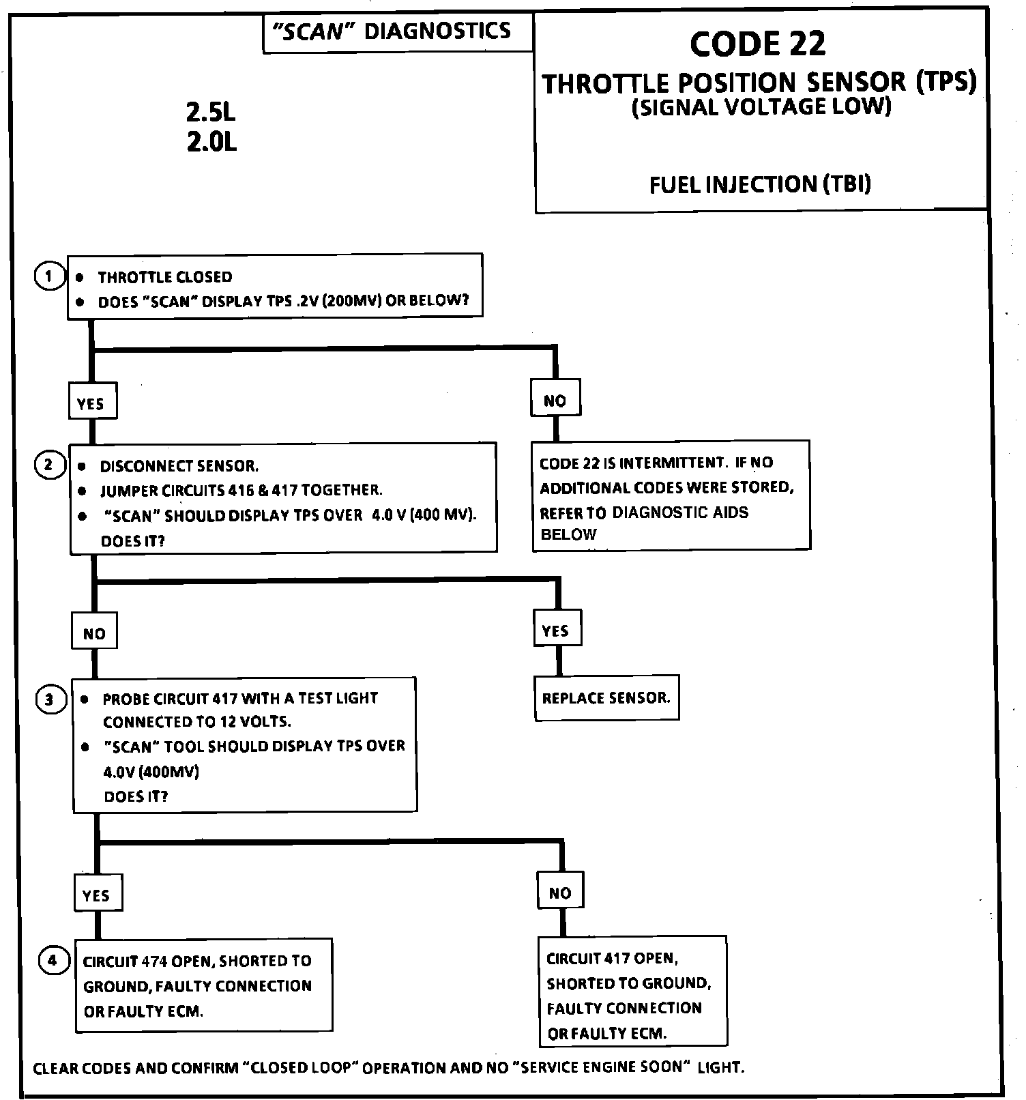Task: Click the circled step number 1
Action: pos(48,276)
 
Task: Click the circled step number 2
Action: pos(48,465)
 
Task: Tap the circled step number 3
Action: pos(49,700)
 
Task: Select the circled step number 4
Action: pos(53,961)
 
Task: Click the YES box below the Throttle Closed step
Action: pos(91,403)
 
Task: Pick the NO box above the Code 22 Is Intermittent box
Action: pos(555,401)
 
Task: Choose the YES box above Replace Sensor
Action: pos(556,631)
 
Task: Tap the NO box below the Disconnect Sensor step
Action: pos(94,633)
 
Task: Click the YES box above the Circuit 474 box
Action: pos(97,895)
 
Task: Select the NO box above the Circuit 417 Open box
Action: pos(560,893)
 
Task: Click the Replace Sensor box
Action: pos(606,698)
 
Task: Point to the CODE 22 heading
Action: pos(757,44)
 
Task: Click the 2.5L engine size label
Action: pos(211,113)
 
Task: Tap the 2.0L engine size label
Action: pos(211,143)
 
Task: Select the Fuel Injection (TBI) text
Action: pos(760,184)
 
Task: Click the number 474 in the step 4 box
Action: pos(154,961)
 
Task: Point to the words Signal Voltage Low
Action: pos(761,107)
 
